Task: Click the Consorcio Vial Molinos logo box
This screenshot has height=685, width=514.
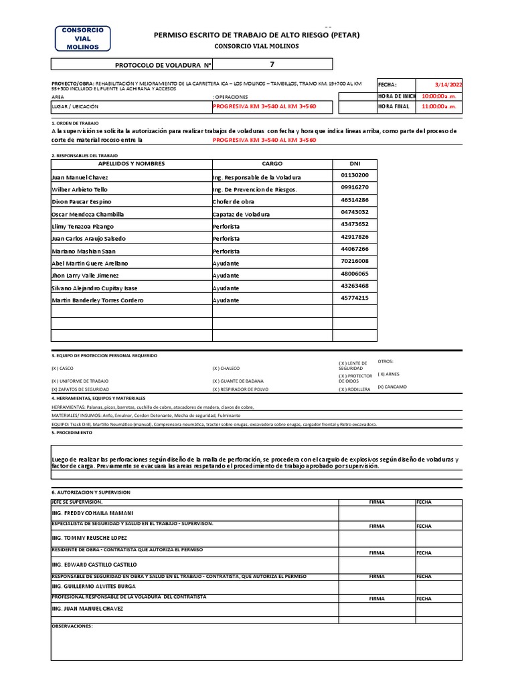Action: [x=82, y=39]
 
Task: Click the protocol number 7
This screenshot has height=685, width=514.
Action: [x=271, y=64]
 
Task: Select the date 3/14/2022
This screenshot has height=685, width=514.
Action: [x=448, y=85]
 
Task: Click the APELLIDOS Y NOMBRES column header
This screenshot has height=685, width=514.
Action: [x=131, y=164]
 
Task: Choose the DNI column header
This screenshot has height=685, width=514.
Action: [x=355, y=164]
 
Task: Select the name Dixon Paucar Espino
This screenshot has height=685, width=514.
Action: [x=82, y=201]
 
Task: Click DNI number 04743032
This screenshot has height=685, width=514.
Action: [x=355, y=212]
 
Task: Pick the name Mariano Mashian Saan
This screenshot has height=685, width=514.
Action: [x=84, y=251]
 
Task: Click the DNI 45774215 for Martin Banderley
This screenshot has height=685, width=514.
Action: [x=355, y=298]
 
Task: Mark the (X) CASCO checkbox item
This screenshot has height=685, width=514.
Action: [x=63, y=369]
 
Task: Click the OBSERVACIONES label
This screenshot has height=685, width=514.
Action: [x=72, y=627]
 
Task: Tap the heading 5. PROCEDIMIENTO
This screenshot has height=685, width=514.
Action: [x=73, y=433]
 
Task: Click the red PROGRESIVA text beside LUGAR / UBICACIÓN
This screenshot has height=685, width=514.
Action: [x=264, y=106]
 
